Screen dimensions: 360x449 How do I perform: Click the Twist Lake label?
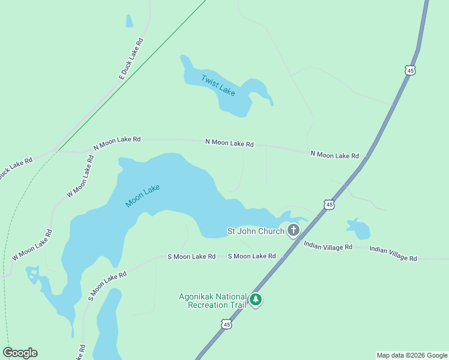point(218,85)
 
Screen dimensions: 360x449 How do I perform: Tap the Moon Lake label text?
point(143,196)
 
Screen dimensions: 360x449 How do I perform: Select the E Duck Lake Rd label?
point(131,58)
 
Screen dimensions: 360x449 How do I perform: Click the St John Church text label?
point(255,231)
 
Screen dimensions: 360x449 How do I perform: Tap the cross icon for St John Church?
point(294,230)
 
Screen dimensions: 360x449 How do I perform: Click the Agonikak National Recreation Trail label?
point(212,301)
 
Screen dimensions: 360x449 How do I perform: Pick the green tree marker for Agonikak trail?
point(256,299)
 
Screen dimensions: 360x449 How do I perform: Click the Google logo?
point(20,353)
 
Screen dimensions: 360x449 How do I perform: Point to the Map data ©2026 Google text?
point(412,355)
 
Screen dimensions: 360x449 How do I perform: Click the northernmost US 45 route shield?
point(410,70)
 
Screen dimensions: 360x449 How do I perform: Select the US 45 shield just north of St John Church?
point(329,205)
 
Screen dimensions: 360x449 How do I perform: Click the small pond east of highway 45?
point(358,229)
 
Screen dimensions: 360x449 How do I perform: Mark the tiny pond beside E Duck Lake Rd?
point(129,21)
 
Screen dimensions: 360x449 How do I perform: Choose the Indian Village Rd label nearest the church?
point(328,245)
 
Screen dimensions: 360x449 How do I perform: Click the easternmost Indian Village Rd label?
point(393,253)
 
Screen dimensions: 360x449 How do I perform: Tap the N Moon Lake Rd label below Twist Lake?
point(229,143)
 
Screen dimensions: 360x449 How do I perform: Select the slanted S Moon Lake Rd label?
point(107,286)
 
